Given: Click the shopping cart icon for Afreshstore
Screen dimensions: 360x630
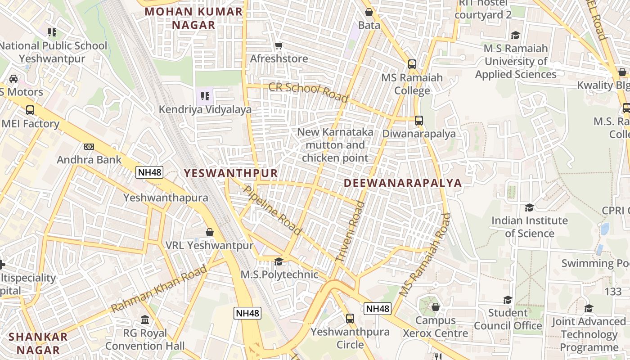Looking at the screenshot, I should click(279, 45).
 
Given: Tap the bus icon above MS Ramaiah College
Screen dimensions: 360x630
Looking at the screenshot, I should click(412, 64).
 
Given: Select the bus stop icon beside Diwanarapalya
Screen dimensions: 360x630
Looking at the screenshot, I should click(419, 121).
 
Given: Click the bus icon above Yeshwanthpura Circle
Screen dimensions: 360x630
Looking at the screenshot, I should click(350, 319).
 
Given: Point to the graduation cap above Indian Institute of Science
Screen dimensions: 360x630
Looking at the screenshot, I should click(529, 207).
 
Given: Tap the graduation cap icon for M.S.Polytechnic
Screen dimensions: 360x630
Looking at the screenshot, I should click(279, 261).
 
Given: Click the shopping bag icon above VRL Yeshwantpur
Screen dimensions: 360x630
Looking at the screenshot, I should click(209, 232).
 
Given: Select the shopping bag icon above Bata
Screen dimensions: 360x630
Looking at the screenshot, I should click(369, 12).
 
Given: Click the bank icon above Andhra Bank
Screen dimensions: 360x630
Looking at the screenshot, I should click(89, 147).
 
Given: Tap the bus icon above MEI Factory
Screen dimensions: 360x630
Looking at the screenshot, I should click(30, 110).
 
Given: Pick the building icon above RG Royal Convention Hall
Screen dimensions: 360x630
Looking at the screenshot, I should click(145, 320).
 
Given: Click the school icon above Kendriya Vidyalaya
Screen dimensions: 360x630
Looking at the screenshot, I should click(205, 96).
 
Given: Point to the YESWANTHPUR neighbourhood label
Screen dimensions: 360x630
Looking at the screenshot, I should click(231, 173).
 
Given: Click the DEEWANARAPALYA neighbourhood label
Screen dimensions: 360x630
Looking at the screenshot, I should click(403, 183).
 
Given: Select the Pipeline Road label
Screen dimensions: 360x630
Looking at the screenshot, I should click(272, 210).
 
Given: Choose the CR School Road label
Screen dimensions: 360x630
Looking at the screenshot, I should click(308, 92).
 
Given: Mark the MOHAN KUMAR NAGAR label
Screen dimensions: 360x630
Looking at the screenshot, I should click(194, 18).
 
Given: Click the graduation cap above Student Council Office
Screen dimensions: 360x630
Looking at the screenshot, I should click(508, 300).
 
